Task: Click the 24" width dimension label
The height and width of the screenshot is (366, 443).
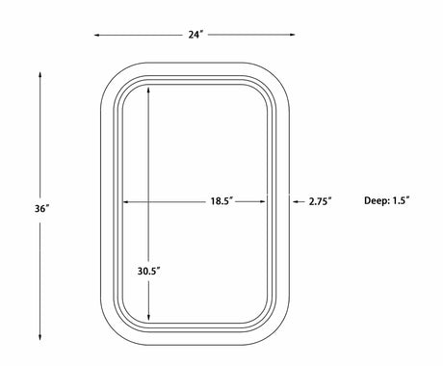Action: (195, 35)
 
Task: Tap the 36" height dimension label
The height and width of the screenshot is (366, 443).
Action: (42, 208)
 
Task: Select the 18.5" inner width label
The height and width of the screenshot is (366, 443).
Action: (221, 201)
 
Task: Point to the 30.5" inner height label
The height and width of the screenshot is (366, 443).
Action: (149, 271)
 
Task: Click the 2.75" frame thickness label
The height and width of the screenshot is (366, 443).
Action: (320, 201)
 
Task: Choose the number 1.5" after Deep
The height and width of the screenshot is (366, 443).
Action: (402, 200)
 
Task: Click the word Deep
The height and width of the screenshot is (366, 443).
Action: (376, 201)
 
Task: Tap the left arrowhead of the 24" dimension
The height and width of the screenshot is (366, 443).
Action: (96, 35)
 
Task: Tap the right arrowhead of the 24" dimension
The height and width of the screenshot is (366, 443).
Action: (292, 35)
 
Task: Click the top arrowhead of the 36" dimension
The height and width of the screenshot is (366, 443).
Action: (40, 75)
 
